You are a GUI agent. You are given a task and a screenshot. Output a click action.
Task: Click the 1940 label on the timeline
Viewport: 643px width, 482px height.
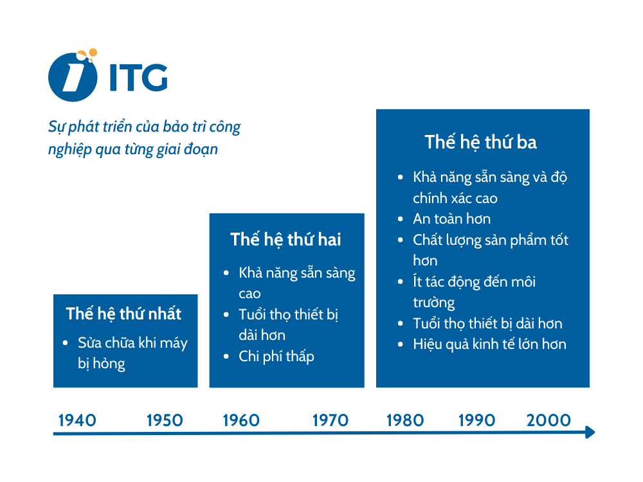coord(77,421)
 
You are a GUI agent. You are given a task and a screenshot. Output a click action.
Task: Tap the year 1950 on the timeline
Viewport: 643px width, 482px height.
coord(165,421)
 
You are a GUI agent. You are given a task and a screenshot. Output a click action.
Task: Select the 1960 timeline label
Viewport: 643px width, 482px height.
coord(241,421)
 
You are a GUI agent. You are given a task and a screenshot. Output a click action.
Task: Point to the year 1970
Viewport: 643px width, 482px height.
coord(331,421)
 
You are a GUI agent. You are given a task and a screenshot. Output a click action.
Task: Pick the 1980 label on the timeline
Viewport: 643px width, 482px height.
coord(405,421)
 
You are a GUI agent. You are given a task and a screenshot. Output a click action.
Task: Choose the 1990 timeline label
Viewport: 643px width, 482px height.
coord(476,421)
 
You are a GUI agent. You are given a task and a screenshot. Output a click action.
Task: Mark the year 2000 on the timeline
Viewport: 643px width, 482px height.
coord(548,421)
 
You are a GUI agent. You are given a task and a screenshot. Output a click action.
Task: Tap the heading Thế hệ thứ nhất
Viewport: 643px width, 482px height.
coord(123,314)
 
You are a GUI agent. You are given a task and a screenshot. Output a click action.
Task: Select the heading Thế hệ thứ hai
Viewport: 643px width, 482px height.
coord(285,240)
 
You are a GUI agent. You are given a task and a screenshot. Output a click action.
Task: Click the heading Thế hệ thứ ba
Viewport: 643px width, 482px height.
coord(480,142)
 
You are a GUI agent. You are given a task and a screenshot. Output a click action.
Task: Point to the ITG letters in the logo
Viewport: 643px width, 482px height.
coord(138,77)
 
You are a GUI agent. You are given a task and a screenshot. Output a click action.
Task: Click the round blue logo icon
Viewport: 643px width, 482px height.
coord(72,77)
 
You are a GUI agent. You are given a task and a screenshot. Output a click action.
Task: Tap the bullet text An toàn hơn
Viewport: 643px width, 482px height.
coord(451,219)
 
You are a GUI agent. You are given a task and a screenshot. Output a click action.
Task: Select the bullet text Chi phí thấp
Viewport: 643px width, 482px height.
coord(276,356)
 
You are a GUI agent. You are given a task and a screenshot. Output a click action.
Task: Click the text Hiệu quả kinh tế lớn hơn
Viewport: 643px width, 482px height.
coord(489,344)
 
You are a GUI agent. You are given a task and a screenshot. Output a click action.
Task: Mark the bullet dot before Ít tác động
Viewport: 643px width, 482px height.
coord(401,281)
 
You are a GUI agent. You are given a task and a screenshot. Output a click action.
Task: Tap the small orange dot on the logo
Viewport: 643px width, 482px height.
coord(93,53)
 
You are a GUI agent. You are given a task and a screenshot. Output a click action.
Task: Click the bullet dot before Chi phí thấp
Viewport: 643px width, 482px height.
coord(226,356)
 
